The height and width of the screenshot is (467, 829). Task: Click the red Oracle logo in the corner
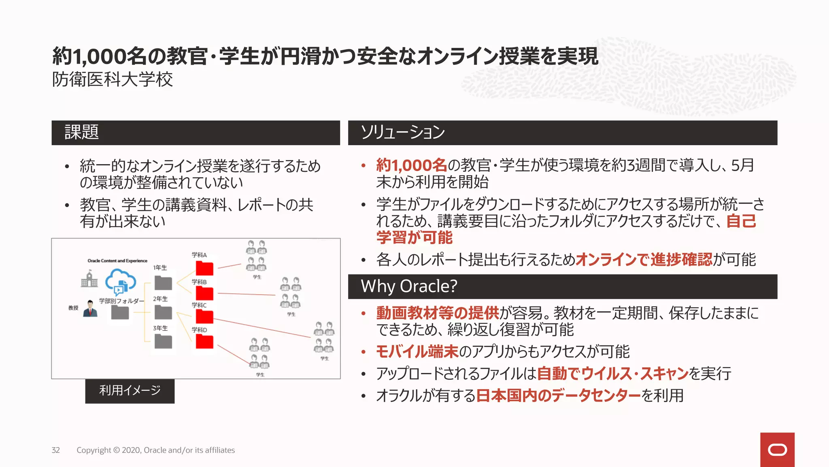777,450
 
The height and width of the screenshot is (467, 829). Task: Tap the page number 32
56,450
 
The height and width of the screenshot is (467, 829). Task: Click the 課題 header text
81,132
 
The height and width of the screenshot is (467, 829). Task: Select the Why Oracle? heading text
409,286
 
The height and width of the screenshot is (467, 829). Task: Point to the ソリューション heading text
403,132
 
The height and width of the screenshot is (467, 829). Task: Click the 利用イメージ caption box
130,391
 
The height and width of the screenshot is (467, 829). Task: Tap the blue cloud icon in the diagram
120,281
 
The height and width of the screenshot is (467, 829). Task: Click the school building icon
89,279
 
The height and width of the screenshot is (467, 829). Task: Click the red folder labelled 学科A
204,268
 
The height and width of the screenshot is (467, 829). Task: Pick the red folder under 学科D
204,341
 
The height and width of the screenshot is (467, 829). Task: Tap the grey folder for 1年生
163,283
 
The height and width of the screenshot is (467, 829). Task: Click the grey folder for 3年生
163,342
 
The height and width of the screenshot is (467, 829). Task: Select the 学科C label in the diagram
199,305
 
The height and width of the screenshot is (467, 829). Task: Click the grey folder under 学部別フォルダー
120,312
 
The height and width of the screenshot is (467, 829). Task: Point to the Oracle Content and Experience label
117,261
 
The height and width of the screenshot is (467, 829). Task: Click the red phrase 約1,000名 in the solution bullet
411,165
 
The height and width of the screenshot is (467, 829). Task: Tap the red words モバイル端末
417,351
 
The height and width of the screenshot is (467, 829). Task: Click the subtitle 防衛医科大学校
113,79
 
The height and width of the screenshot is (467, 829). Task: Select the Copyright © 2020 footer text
155,450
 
